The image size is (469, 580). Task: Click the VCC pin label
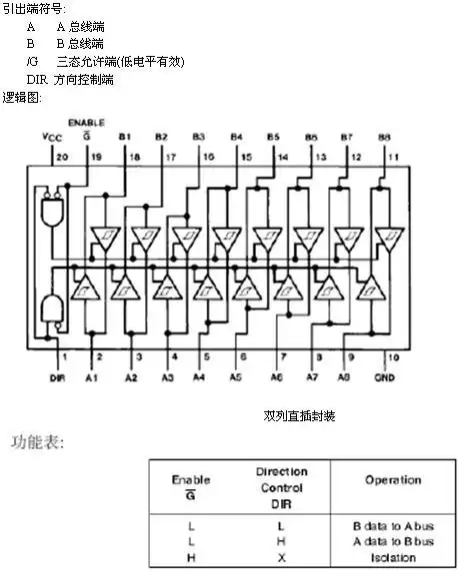51,136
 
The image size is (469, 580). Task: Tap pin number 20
62,157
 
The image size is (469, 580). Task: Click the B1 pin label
125,136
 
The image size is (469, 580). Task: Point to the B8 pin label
384,136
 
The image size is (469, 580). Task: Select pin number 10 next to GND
392,356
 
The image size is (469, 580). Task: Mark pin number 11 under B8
392,157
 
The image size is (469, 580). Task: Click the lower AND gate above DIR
50,308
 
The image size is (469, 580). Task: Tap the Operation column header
392,480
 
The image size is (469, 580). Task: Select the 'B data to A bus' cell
393,525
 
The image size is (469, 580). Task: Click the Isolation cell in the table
393,557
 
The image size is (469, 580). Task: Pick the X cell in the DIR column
281,557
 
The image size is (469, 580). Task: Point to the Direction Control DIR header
281,487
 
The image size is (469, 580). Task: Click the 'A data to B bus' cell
393,541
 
